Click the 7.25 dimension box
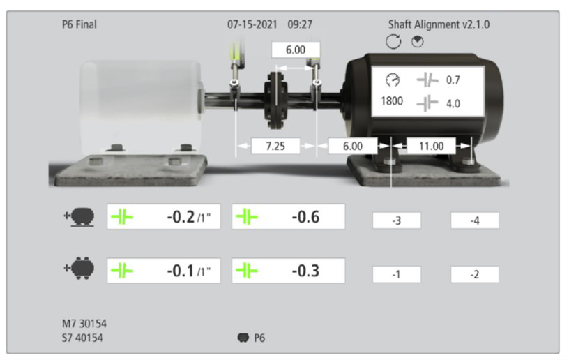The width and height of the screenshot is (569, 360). point(275,146)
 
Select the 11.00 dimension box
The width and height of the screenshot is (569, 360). point(431,146)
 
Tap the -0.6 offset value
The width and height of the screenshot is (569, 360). point(305,217)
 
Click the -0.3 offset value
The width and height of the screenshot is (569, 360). point(305,271)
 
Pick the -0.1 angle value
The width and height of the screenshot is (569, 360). point(181,271)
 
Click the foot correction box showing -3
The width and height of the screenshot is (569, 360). point(397,220)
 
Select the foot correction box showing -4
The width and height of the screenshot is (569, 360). point(475,220)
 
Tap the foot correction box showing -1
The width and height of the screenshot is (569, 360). point(397,274)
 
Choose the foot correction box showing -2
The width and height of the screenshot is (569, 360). point(475,274)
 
